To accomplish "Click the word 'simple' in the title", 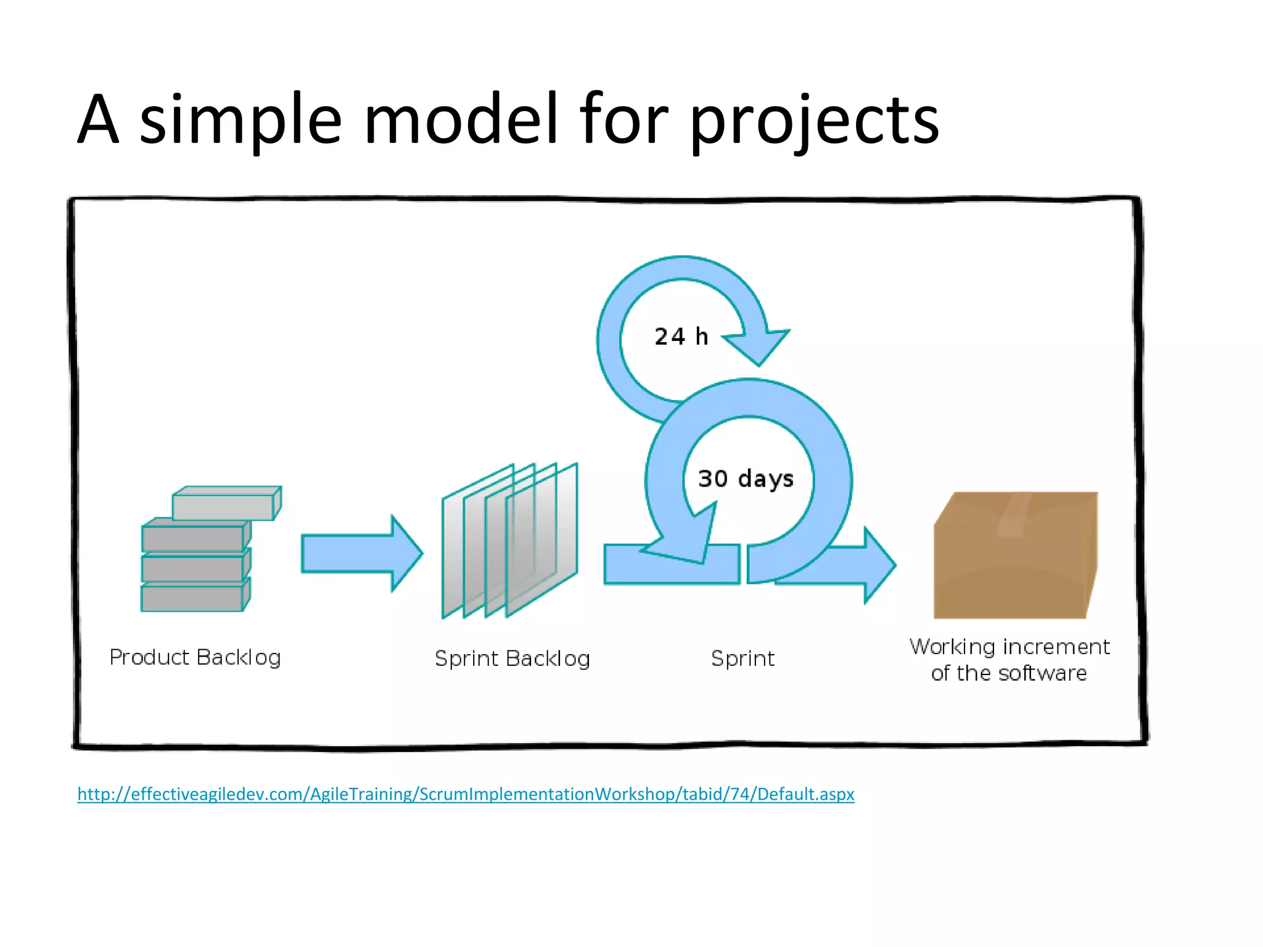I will [240, 120].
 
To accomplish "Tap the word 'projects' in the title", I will [813, 120].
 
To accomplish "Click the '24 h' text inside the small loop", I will [681, 337].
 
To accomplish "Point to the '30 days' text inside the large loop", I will [746, 478].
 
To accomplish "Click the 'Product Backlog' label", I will [195, 657].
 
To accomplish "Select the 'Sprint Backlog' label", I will [512, 658].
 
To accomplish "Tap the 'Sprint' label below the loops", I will [743, 658].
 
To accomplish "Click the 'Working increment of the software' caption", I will [1009, 660].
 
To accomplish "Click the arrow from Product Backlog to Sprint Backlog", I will [361, 554].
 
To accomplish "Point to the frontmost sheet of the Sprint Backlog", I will [541, 539].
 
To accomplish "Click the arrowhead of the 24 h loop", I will [759, 345].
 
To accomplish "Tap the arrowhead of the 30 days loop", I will [685, 543].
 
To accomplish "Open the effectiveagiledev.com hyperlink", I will [466, 794].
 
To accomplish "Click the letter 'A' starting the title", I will [97, 120].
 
